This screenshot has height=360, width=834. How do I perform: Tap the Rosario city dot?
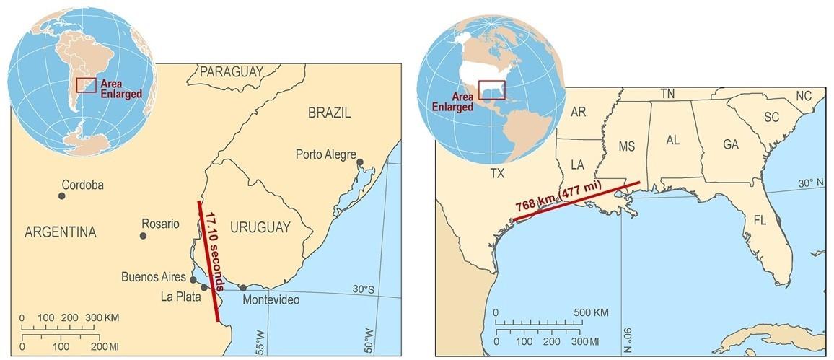(143, 236)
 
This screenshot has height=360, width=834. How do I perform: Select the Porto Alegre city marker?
(360, 163)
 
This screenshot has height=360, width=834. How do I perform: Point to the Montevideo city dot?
(243, 288)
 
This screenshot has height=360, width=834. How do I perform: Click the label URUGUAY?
(260, 227)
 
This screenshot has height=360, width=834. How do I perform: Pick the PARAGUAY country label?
(231, 71)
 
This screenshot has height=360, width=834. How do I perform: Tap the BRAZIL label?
(329, 113)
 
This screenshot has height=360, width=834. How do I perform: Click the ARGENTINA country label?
(60, 232)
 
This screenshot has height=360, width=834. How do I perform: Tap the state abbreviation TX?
(497, 174)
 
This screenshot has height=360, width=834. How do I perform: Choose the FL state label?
(760, 219)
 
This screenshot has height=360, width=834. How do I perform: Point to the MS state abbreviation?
(627, 147)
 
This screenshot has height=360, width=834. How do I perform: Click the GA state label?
(730, 144)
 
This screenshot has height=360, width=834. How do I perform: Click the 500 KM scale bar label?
(592, 312)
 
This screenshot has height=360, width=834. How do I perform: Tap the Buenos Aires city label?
(154, 276)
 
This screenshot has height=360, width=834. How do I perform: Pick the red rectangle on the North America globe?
(491, 90)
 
